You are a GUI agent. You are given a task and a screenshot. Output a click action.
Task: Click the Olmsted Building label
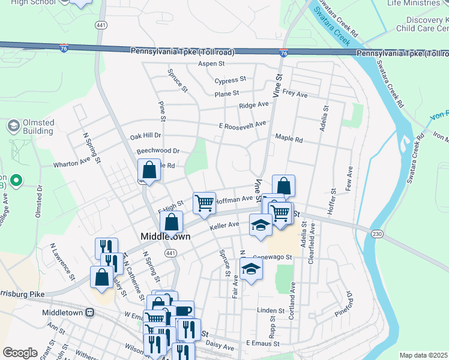pos(38,127)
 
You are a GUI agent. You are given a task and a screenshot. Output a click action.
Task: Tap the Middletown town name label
pos(165,236)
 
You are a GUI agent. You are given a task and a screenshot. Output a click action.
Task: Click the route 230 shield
pos(377,233)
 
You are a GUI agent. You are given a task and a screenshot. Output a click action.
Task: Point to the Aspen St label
pos(212,64)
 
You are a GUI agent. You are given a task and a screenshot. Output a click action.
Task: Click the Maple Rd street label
pos(289,138)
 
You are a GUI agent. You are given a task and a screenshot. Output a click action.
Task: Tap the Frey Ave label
pos(295,94)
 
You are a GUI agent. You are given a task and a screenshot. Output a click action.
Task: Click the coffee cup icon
pos(184,311)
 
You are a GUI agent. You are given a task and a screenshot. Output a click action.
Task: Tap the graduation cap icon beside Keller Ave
pos(261,225)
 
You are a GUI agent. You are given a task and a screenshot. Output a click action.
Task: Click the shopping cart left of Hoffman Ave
pos(204,203)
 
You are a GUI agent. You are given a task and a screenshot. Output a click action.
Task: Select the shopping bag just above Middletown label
pos(172,221)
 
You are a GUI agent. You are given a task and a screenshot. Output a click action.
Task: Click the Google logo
pos(20,352)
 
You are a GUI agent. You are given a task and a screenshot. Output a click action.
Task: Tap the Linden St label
pos(270,311)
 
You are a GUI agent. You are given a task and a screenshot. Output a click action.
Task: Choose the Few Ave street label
pos(349,180)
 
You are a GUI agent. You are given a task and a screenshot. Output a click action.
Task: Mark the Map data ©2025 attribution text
pos(423,355)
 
